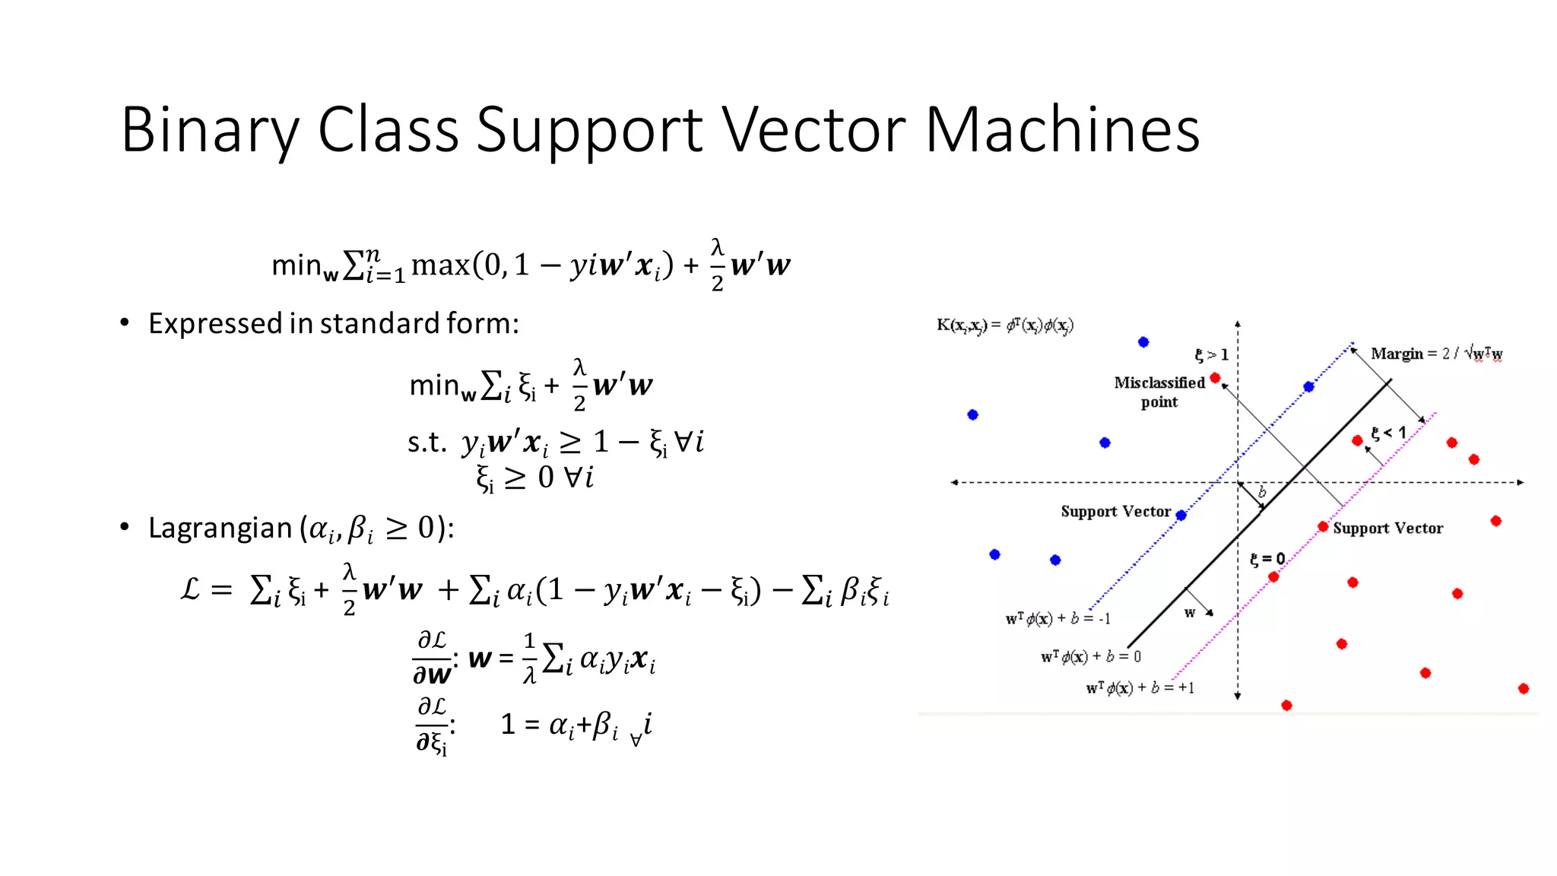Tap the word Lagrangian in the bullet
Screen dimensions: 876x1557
[220, 528]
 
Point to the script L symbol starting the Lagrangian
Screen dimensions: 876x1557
[190, 589]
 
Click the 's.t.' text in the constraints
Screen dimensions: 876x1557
[427, 442]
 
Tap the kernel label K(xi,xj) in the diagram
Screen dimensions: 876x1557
[1004, 325]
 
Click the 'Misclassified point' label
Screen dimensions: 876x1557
[1159, 392]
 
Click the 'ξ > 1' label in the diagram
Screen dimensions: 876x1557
[1211, 354]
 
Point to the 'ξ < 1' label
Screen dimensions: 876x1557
[1388, 433]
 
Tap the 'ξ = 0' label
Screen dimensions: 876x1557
[1267, 559]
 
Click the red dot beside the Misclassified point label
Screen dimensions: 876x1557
[1215, 378]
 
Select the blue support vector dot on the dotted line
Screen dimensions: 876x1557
[1181, 516]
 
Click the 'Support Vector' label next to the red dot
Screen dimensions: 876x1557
[1387, 528]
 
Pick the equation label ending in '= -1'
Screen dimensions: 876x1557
[1058, 619]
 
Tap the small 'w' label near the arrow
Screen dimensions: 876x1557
[1190, 613]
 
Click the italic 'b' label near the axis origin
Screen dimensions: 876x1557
[1262, 492]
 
